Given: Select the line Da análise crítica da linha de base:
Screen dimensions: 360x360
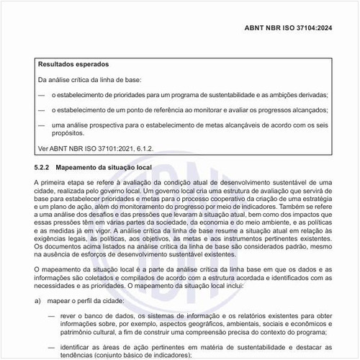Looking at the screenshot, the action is click(x=94, y=79).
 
